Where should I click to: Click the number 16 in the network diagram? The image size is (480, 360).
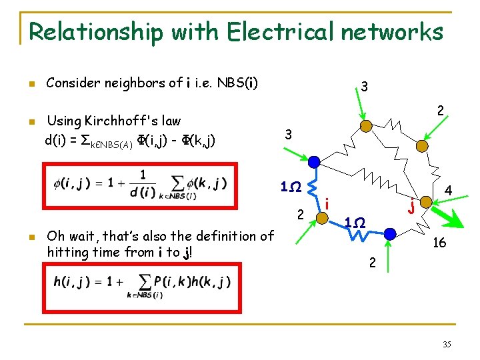(x=439, y=244)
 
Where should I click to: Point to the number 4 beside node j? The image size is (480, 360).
(x=449, y=191)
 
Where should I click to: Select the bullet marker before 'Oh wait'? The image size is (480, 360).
(x=30, y=237)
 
